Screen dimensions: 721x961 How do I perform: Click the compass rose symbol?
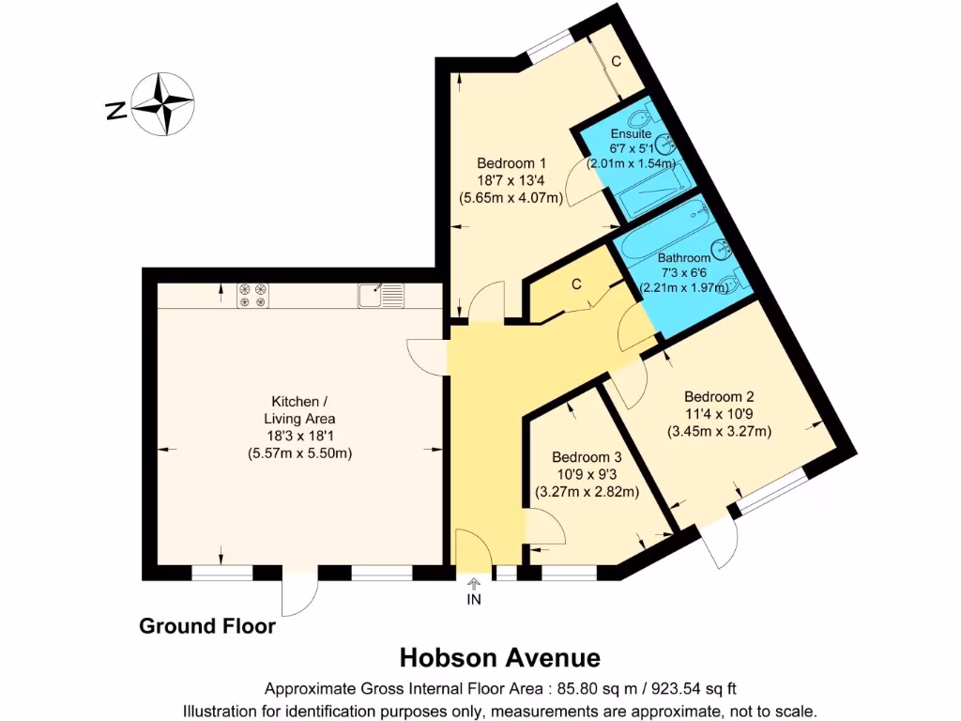click(162, 103)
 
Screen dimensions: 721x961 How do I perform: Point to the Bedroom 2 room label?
click(719, 395)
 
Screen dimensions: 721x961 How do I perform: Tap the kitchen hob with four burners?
click(252, 296)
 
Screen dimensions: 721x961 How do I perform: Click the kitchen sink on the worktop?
click(380, 296)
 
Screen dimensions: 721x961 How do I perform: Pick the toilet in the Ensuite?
click(638, 118)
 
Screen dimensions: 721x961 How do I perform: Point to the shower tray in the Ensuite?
click(649, 194)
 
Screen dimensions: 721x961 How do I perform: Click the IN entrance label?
click(474, 600)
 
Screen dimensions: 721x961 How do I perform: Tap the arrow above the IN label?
click(474, 583)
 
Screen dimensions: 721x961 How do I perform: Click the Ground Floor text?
click(207, 625)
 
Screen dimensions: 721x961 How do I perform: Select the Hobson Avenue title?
click(500, 656)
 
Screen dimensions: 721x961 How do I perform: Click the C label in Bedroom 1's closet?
click(616, 62)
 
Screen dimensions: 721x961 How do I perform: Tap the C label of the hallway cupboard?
click(576, 284)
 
